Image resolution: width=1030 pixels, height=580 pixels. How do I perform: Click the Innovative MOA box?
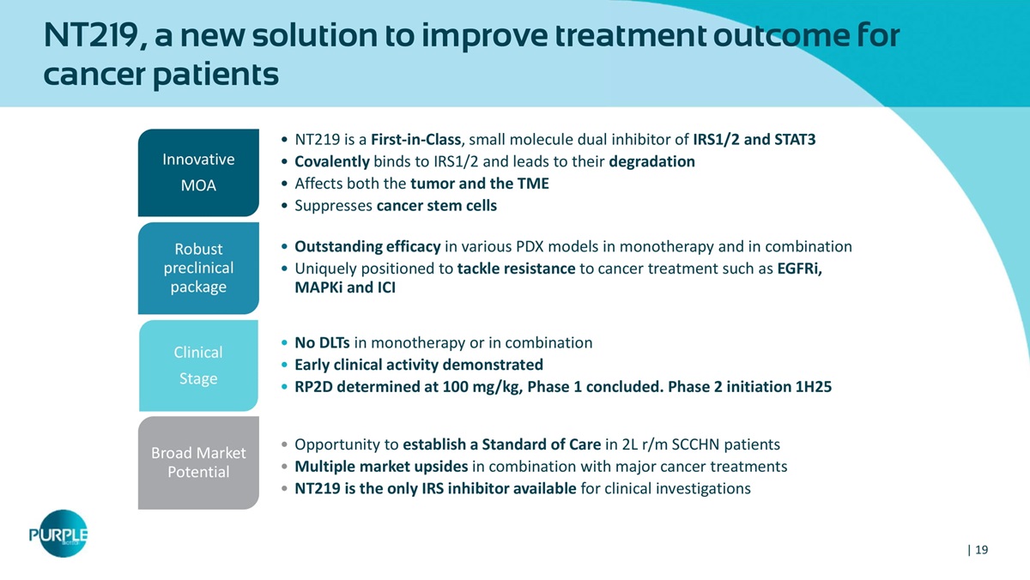click(x=198, y=172)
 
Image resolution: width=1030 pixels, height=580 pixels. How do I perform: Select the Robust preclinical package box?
click(x=198, y=268)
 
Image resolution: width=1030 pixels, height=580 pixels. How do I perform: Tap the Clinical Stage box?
click(x=198, y=366)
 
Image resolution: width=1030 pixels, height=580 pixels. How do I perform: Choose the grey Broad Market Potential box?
click(x=198, y=462)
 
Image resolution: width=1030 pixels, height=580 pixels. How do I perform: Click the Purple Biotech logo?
click(x=59, y=534)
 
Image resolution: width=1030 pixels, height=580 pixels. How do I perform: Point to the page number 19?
click(x=981, y=550)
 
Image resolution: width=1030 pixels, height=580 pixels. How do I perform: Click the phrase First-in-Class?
click(x=415, y=139)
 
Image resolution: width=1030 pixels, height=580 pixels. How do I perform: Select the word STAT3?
click(x=795, y=139)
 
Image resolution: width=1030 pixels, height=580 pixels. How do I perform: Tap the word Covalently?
click(x=332, y=161)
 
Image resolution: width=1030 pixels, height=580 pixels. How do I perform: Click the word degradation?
click(x=651, y=161)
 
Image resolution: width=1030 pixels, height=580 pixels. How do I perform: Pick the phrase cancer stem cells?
click(x=436, y=205)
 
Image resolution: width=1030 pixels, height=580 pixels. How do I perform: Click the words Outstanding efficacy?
click(x=367, y=247)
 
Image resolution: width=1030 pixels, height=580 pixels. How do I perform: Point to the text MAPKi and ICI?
click(x=345, y=287)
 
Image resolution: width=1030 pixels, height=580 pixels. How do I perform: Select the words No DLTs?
click(x=322, y=343)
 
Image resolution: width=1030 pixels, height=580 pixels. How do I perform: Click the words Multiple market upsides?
click(x=381, y=467)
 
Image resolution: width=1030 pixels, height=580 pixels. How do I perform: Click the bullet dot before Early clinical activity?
click(x=284, y=365)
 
